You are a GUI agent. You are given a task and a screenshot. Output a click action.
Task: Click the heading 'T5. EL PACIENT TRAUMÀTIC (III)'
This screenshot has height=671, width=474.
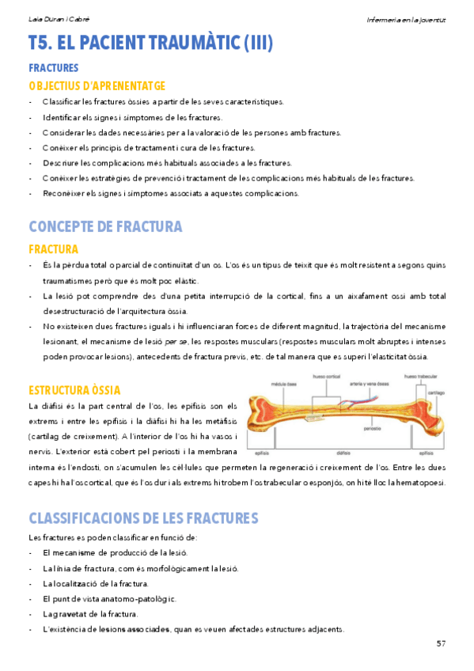(x=150, y=43)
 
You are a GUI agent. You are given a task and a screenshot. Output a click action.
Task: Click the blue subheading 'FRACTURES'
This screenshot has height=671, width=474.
(x=53, y=68)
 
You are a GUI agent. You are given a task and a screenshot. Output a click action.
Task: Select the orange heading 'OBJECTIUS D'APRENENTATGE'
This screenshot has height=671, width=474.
(x=97, y=85)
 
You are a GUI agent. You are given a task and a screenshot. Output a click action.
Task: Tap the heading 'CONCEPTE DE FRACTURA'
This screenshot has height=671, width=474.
(x=105, y=226)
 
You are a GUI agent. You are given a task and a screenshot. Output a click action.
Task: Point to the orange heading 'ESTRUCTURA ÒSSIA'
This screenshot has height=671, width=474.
(x=74, y=390)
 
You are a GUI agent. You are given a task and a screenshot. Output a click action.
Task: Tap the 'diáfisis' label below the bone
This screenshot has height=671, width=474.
(x=344, y=454)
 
